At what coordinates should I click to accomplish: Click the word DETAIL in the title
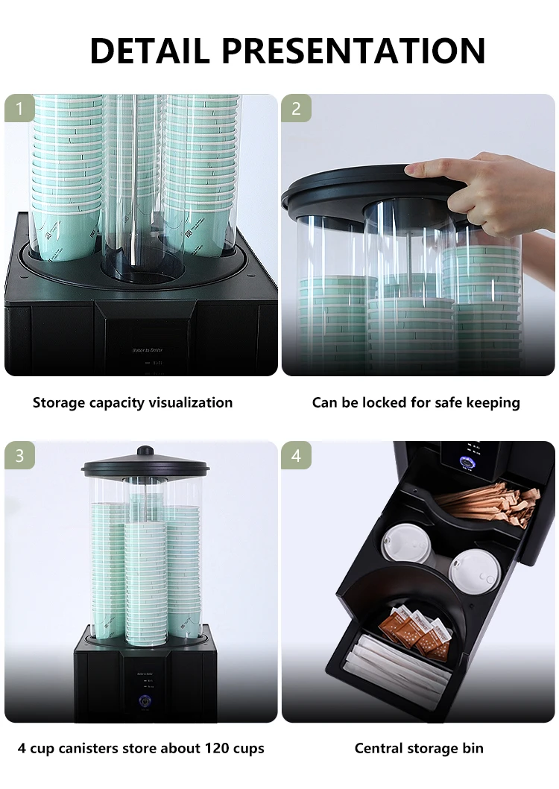click(x=150, y=51)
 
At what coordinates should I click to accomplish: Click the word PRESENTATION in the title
click(x=353, y=51)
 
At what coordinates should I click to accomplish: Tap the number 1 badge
click(x=19, y=109)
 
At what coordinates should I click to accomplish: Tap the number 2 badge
click(x=296, y=109)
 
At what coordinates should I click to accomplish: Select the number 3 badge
click(x=19, y=455)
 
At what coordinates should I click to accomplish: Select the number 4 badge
click(x=296, y=455)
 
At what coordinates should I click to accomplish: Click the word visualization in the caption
click(x=186, y=403)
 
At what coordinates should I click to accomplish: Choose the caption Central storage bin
click(x=419, y=748)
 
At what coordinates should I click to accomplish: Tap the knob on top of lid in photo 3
click(x=145, y=451)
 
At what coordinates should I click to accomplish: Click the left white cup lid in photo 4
click(x=405, y=543)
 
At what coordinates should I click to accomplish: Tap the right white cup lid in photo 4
click(x=475, y=571)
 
